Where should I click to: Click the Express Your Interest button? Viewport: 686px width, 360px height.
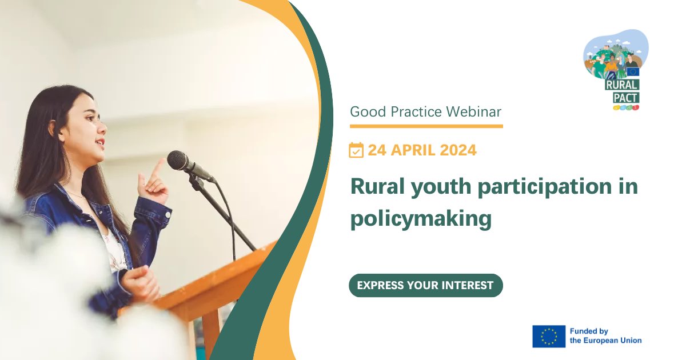[x=425, y=285]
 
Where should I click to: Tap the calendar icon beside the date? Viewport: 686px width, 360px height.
[x=356, y=150]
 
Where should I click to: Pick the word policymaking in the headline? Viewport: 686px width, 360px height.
[x=421, y=219]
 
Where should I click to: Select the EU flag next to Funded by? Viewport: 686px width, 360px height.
[x=549, y=337]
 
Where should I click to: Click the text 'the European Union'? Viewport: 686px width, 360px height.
[x=606, y=341]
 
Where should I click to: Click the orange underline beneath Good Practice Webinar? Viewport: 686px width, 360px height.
[x=426, y=126]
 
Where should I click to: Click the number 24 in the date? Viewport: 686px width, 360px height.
[x=377, y=150]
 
